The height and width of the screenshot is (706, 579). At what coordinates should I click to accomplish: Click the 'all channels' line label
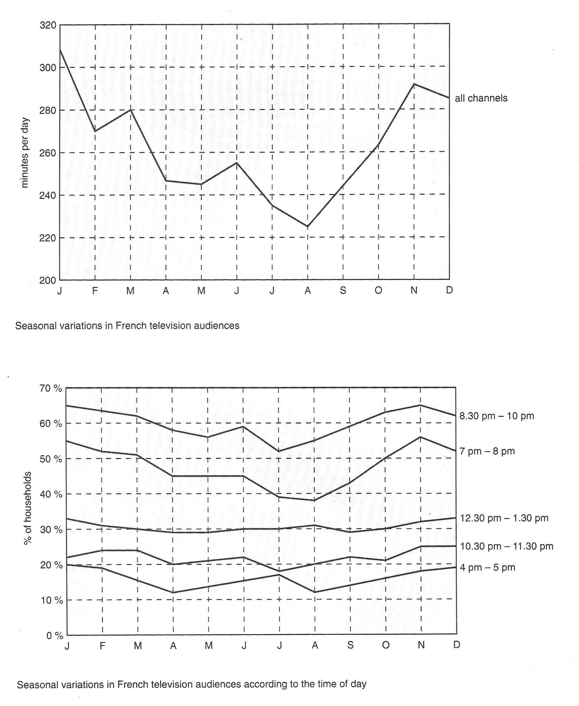point(481,98)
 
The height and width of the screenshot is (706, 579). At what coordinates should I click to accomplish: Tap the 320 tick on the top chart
point(48,25)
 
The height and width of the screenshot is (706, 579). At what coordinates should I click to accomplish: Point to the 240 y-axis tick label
point(48,196)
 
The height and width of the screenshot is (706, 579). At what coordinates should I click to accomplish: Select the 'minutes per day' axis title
point(25,153)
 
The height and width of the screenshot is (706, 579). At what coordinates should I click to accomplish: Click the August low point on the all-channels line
point(308,226)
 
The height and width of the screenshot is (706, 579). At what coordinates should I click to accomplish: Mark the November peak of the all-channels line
point(414,84)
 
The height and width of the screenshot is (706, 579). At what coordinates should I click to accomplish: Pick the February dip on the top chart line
point(95,131)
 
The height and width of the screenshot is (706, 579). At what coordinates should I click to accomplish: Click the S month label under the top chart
point(343,290)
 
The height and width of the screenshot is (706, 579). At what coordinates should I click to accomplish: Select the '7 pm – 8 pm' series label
point(487,451)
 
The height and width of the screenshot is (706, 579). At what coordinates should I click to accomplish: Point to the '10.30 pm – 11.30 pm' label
point(507,547)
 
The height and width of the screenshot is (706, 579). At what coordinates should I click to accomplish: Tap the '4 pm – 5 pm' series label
point(488,568)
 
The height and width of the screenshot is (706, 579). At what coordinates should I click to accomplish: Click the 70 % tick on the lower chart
point(51,389)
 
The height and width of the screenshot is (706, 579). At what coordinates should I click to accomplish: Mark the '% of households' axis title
point(27,508)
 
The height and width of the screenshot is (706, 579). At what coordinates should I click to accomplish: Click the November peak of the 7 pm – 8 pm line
point(420,437)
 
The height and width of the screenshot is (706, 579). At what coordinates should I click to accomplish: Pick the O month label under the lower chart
point(386,645)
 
